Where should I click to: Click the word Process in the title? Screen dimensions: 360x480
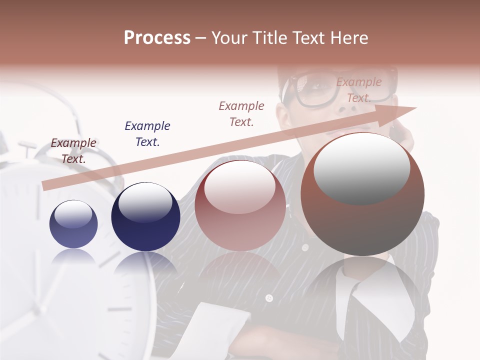click(x=157, y=38)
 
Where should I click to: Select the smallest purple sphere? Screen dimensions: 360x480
click(x=73, y=224)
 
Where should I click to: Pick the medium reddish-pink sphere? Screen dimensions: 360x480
click(x=240, y=205)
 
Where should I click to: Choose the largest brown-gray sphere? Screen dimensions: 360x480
click(x=362, y=194)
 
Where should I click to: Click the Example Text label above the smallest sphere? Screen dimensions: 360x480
click(x=73, y=150)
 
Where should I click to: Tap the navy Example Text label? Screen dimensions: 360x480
click(x=147, y=133)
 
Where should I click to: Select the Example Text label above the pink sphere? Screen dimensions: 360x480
click(x=241, y=113)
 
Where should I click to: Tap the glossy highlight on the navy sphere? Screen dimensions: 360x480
click(x=145, y=202)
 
